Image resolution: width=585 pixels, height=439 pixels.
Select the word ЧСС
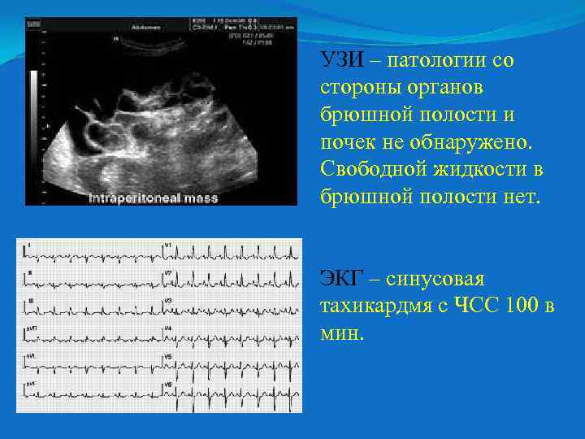click(476, 306)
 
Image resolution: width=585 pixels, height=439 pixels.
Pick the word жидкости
click(486, 170)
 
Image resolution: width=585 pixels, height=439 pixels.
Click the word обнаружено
click(479, 143)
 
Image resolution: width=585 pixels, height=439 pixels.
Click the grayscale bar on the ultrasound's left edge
click(34, 98)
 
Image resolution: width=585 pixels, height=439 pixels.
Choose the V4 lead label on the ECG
click(167, 328)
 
